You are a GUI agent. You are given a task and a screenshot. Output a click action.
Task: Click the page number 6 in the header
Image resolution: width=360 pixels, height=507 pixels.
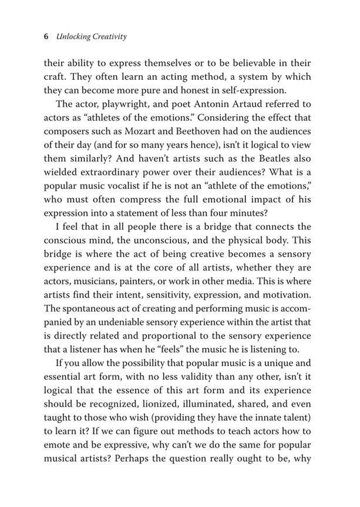tap(46, 37)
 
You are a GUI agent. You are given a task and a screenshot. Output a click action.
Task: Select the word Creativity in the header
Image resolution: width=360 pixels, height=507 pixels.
tap(111, 37)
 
